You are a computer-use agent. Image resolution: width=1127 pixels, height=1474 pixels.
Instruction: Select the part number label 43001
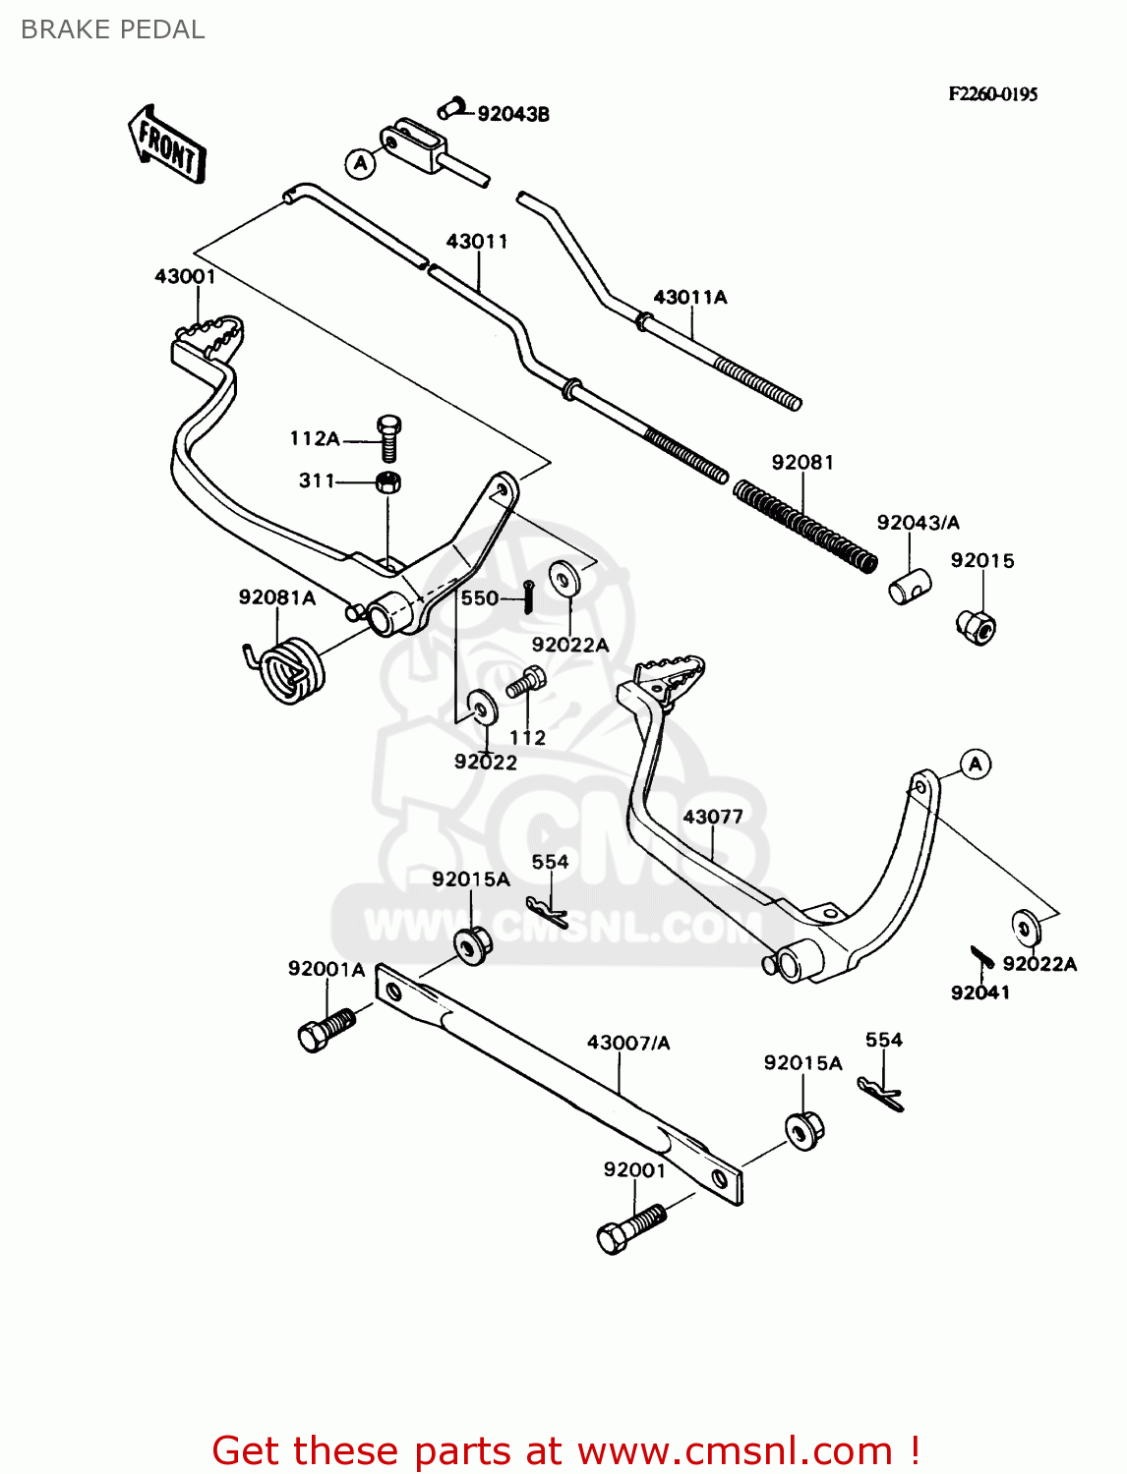[185, 276]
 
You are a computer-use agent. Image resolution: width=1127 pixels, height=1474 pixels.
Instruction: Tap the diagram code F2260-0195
[992, 94]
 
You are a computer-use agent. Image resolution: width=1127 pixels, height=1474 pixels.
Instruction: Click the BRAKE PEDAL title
[113, 29]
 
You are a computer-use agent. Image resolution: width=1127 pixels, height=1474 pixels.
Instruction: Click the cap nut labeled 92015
[977, 625]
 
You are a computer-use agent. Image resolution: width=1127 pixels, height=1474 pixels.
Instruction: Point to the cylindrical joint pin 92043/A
[910, 587]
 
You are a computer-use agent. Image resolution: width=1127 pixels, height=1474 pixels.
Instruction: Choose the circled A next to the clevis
[361, 163]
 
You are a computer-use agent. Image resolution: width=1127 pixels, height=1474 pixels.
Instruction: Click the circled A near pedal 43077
[975, 764]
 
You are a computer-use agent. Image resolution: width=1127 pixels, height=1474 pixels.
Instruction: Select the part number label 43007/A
[628, 1043]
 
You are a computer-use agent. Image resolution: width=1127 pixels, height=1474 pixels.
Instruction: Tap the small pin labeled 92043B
[453, 108]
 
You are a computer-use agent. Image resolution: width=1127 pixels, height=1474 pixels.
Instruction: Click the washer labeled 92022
[482, 707]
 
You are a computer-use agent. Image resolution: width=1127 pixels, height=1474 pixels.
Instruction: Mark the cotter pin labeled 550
[528, 596]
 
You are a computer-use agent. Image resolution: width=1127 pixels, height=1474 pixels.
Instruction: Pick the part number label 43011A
[690, 297]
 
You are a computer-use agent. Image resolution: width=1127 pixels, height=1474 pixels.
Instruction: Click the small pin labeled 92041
[980, 957]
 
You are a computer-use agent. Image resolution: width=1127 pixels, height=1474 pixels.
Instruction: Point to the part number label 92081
[802, 462]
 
